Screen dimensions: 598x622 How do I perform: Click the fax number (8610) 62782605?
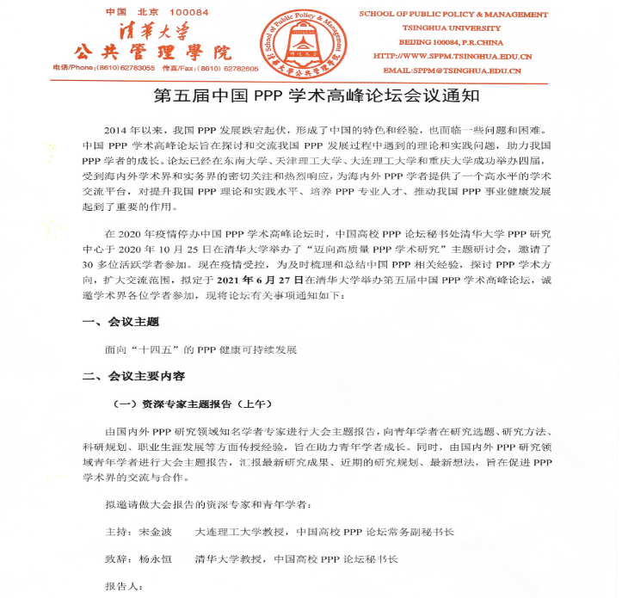click(230, 67)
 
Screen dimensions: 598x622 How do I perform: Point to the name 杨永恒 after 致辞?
click(157, 558)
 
